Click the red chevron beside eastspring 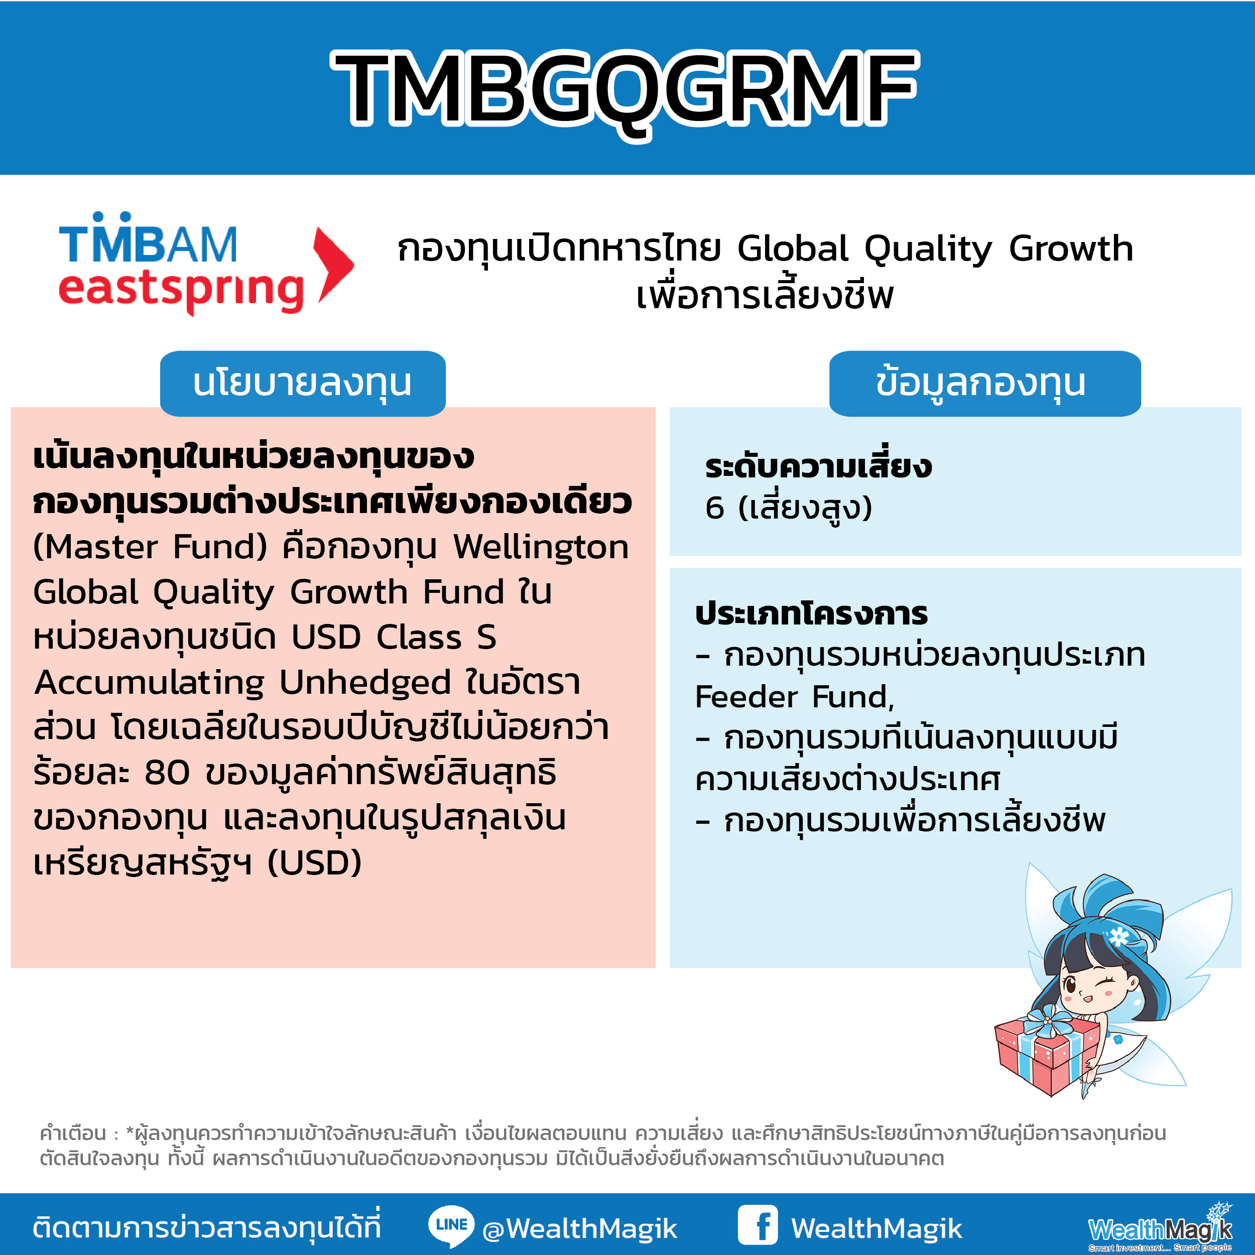333,265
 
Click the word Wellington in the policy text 541,547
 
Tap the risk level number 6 714,508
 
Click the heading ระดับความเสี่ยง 818,466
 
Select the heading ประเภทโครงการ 811,614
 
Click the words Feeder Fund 794,697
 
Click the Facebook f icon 758,1225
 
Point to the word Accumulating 149,683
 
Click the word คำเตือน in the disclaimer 73,1133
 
